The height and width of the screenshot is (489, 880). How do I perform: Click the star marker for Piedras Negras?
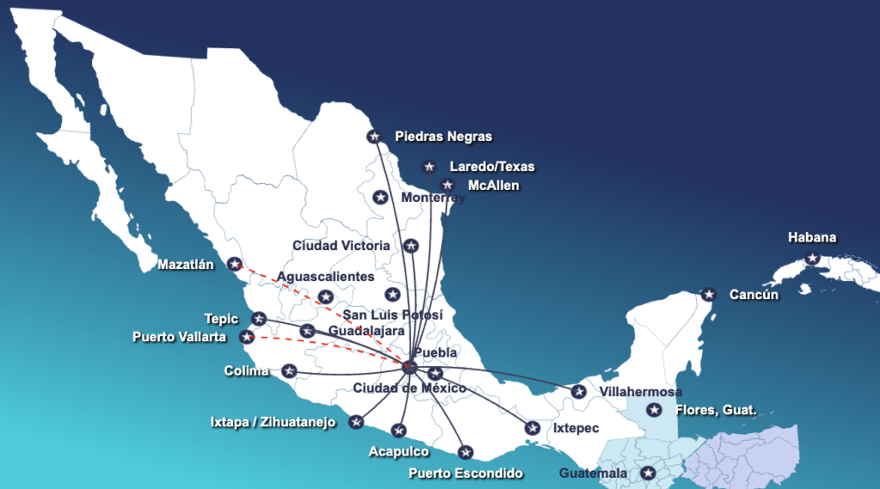click(x=374, y=136)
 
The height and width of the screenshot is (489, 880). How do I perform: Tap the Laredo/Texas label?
click(x=492, y=167)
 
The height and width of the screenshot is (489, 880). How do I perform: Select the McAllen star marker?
click(x=447, y=185)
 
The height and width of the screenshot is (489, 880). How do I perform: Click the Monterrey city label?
click(x=433, y=199)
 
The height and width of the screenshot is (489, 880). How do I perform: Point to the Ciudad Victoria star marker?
click(x=411, y=246)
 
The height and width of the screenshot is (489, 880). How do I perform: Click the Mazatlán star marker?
click(x=234, y=265)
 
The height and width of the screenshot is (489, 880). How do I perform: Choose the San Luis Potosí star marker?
click(x=393, y=295)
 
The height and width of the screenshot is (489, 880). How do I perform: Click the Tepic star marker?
click(x=258, y=319)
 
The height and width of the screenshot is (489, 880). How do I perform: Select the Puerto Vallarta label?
click(x=180, y=337)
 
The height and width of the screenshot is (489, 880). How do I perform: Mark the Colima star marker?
click(x=290, y=371)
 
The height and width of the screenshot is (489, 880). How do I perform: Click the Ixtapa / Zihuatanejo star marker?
click(x=356, y=422)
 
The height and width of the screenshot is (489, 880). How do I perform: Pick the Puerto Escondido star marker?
click(x=466, y=452)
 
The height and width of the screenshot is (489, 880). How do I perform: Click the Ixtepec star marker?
click(x=533, y=428)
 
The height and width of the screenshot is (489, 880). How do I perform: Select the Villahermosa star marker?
click(x=579, y=392)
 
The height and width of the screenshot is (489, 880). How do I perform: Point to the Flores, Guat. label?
click(x=716, y=411)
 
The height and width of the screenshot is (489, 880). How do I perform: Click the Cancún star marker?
click(x=708, y=295)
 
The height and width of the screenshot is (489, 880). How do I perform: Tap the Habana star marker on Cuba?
click(x=812, y=258)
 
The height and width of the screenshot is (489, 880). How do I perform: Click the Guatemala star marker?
click(x=648, y=473)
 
